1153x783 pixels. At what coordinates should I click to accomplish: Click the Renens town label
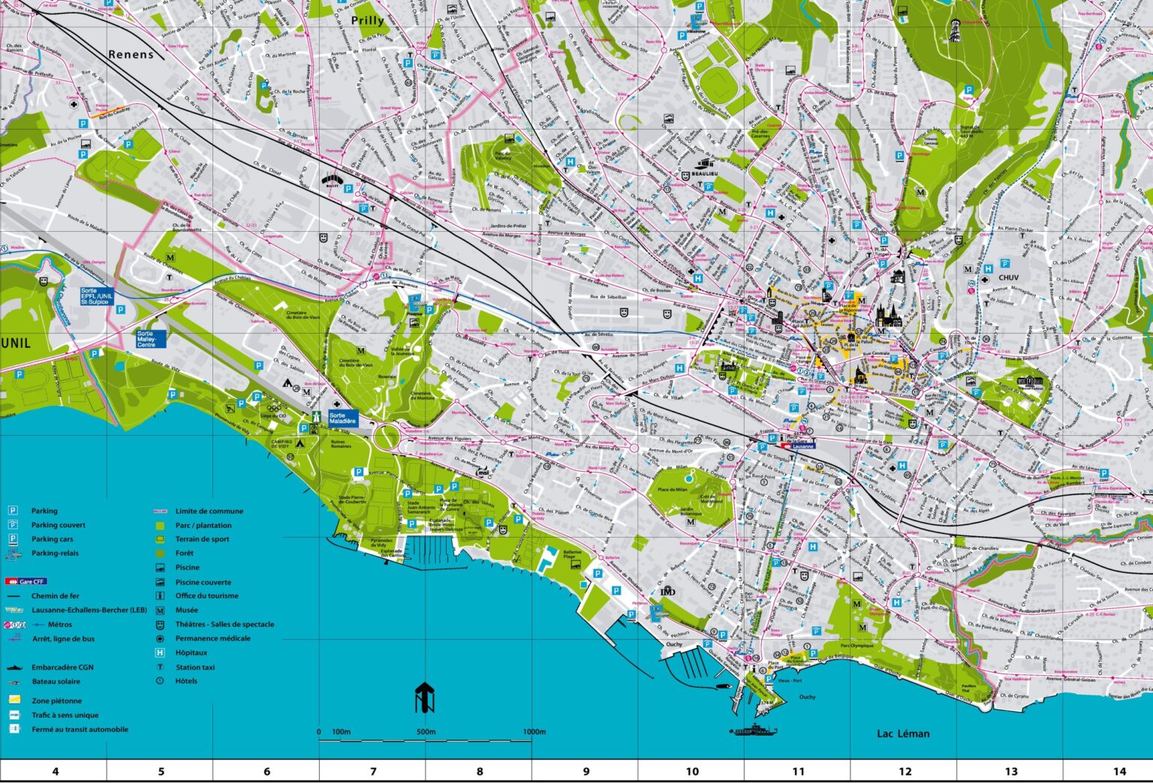(x=131, y=54)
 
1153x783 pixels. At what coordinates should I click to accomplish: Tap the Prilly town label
(x=367, y=21)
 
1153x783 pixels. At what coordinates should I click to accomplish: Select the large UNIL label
(x=16, y=343)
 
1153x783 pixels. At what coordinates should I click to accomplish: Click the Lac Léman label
(x=903, y=733)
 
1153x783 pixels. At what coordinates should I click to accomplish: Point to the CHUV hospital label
(x=1008, y=277)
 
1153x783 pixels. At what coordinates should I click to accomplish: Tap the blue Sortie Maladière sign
(x=342, y=418)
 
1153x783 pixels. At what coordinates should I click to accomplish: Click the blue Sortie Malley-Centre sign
(x=147, y=339)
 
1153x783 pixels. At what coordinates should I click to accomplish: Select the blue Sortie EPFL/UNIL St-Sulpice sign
(x=97, y=295)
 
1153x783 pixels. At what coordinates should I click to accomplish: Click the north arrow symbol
(x=424, y=697)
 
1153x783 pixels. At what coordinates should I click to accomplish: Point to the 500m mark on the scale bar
(x=426, y=732)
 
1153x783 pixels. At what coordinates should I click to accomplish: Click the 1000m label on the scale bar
(x=534, y=732)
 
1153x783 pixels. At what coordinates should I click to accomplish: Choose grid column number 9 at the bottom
(x=586, y=771)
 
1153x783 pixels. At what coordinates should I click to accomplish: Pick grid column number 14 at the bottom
(x=1119, y=771)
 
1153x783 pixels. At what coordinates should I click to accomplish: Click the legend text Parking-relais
(x=55, y=553)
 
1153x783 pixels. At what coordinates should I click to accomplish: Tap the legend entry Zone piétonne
(x=56, y=700)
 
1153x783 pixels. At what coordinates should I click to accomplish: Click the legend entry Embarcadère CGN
(x=62, y=667)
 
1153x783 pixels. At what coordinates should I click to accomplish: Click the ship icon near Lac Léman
(x=753, y=730)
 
